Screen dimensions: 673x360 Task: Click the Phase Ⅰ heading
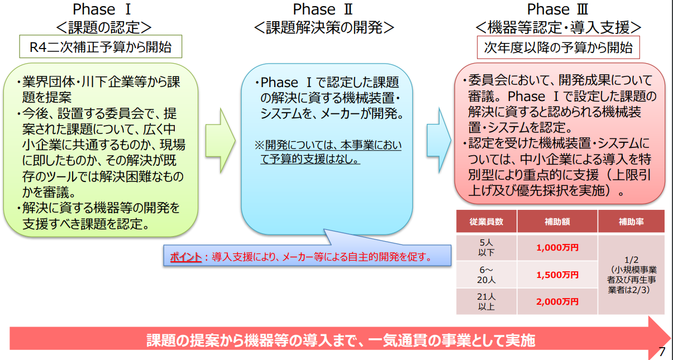point(102,9)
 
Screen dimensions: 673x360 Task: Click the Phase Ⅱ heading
point(323,9)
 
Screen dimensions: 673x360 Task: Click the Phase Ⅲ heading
point(557,9)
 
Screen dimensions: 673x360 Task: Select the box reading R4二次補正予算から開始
point(101,46)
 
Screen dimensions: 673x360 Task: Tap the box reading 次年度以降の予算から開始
point(559,47)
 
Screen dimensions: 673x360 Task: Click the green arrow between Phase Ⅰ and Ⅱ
point(220,141)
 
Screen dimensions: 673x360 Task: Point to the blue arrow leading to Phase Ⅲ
point(439,140)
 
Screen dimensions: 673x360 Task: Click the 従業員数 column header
point(486,222)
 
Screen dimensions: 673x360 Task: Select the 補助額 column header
point(557,222)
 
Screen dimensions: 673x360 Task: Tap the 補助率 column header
point(631,222)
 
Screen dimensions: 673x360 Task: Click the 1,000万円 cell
point(557,248)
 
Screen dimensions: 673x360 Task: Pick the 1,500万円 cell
point(557,275)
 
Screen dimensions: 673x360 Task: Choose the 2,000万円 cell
point(557,302)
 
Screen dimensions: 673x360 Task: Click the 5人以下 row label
point(486,248)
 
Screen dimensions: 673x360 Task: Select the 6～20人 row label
point(486,275)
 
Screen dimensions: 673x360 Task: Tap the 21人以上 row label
point(486,302)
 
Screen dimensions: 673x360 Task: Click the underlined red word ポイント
point(185,257)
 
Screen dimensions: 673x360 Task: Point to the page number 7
point(662,351)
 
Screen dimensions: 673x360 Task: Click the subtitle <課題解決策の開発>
point(324,27)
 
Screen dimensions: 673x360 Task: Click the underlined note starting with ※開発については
point(328,152)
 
